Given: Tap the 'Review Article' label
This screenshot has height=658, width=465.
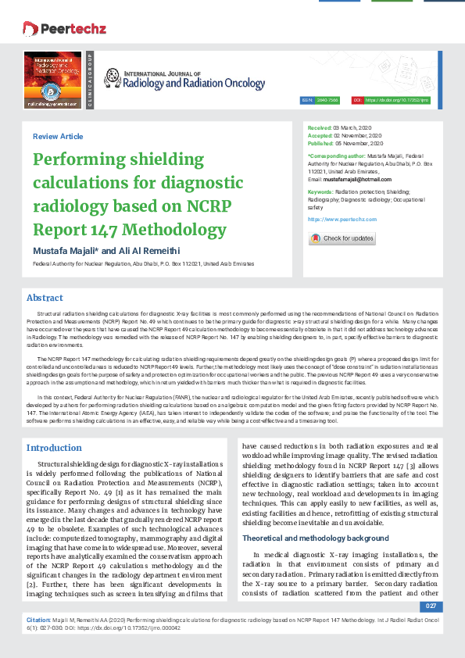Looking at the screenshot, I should click(58, 137).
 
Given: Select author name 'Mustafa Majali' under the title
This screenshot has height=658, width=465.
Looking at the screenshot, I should click(64, 249).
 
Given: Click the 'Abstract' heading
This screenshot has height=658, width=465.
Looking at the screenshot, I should click(45, 298).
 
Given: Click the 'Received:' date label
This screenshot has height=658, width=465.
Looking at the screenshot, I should click(320, 127).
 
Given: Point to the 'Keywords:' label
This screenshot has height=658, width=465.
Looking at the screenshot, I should click(320, 191).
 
